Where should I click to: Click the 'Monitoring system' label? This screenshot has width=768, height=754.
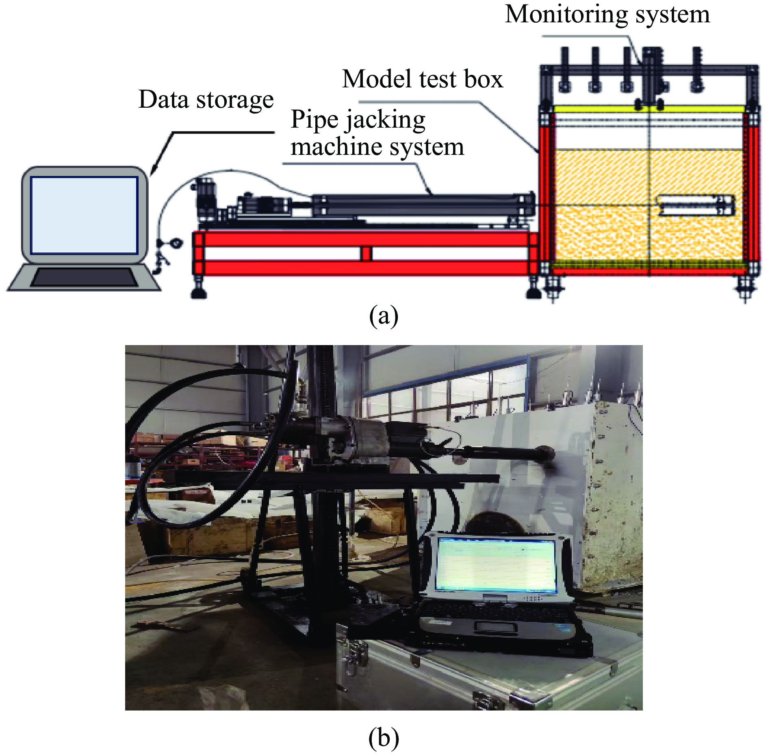(607, 15)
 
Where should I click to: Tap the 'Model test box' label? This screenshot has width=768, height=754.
(423, 79)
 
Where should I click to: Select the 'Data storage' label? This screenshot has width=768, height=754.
(206, 100)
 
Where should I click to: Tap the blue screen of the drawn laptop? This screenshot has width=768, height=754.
(84, 215)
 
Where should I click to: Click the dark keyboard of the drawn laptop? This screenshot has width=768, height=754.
(84, 278)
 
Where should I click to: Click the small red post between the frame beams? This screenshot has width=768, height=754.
(367, 254)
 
